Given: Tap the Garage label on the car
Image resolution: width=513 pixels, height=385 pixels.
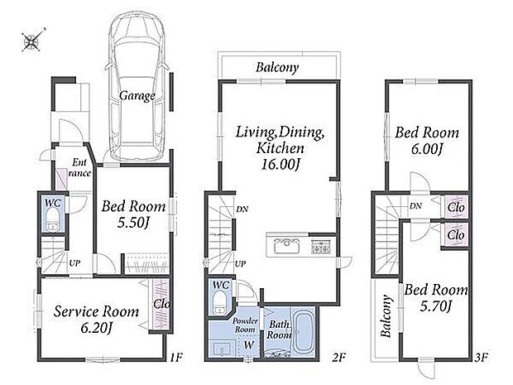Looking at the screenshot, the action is point(137,96).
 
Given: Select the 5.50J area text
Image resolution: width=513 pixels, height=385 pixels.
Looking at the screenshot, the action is point(133,223).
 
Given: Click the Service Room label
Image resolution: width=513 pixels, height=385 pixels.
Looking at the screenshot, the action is point(96,311).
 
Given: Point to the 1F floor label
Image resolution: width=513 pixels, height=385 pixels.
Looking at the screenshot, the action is point(176,357).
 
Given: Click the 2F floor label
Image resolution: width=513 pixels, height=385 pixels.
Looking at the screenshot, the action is point(338,357).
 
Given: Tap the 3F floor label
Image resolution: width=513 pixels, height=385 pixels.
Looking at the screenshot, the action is point(481,357).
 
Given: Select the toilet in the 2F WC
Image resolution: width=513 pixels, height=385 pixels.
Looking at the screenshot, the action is point(219,302).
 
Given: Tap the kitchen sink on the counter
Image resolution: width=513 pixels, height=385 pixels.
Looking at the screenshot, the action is point(286,246).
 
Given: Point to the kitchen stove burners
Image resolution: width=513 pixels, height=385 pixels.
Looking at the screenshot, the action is point(321,247).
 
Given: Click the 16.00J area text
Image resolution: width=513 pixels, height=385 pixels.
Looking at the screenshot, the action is point(280,164).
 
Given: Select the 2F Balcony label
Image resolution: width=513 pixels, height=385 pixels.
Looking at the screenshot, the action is point(277,67).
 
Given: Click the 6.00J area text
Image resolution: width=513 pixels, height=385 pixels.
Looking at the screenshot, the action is point(427,149).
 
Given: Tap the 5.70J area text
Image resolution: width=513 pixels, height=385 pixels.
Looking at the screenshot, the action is point(436,306).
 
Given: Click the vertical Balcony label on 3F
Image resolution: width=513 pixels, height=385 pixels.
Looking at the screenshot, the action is point(386,316).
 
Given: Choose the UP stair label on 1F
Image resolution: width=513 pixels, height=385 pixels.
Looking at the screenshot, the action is point(74,263).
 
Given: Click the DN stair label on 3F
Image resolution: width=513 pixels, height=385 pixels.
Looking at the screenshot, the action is point(415,206).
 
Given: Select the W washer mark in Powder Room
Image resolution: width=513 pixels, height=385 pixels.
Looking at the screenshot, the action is point(249,344).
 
